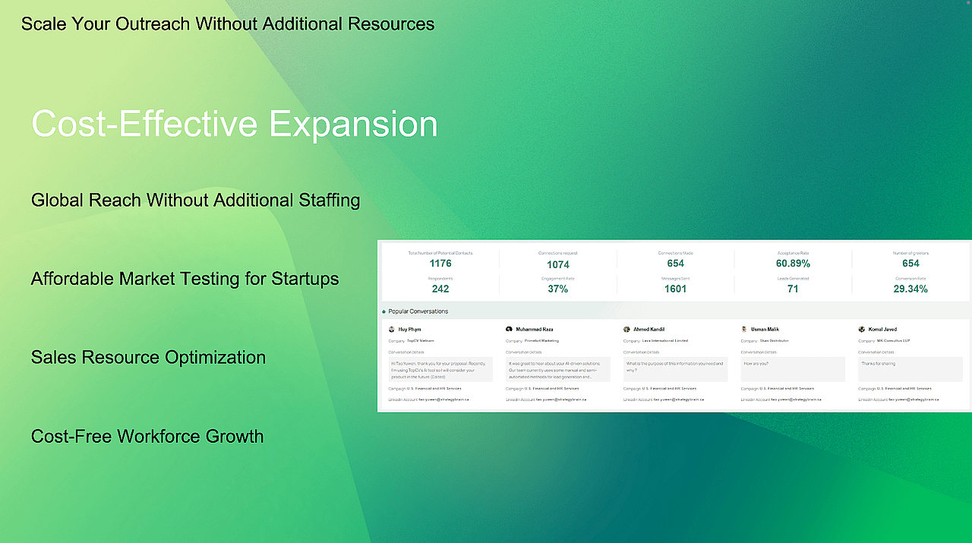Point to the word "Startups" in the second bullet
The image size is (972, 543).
(305, 279)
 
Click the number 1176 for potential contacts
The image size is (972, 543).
(440, 264)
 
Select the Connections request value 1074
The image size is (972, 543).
(558, 264)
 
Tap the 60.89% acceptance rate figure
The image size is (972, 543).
(793, 264)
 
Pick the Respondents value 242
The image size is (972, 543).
(440, 289)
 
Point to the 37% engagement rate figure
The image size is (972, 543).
(558, 289)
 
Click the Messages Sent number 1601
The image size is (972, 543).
(675, 289)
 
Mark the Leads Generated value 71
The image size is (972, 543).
(793, 289)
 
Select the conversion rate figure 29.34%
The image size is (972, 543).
(910, 289)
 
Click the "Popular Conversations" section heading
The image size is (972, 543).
(418, 311)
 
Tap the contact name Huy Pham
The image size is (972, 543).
(409, 330)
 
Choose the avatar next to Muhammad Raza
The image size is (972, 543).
(509, 330)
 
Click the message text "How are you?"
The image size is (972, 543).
(756, 364)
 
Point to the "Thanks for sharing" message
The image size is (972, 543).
(878, 364)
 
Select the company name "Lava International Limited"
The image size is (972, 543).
(665, 341)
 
